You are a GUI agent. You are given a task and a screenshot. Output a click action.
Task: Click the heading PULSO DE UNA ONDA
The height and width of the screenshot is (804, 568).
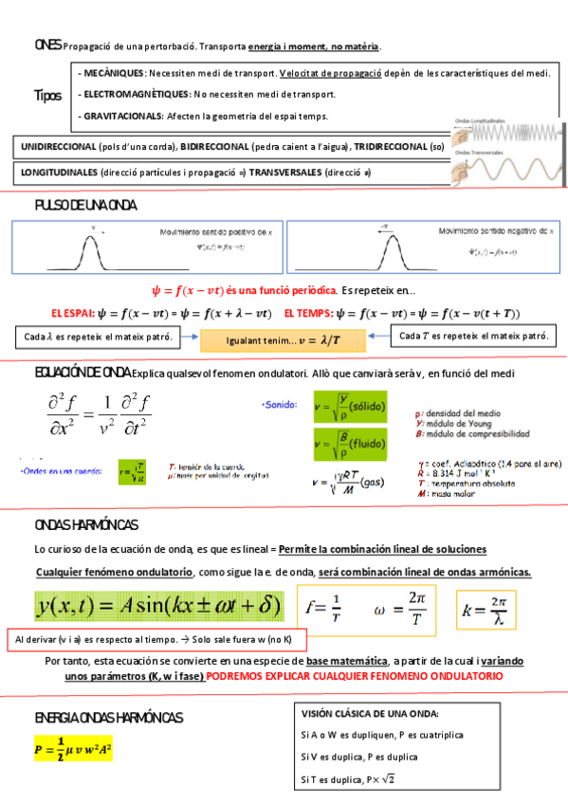[85, 206]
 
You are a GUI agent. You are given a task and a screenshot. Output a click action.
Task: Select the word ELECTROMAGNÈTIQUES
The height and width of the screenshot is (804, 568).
[136, 95]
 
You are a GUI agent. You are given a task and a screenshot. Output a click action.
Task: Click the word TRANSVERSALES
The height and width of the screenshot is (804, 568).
[284, 173]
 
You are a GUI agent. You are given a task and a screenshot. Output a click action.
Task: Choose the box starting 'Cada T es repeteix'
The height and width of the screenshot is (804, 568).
[473, 337]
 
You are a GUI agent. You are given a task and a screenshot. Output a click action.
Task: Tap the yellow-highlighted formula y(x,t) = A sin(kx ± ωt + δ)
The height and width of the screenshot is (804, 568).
[157, 605]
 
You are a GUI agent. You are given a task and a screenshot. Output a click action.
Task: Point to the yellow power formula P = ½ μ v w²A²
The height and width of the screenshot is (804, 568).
[73, 748]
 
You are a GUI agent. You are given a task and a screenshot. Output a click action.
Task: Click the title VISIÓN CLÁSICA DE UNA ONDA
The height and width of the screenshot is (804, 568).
[370, 714]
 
